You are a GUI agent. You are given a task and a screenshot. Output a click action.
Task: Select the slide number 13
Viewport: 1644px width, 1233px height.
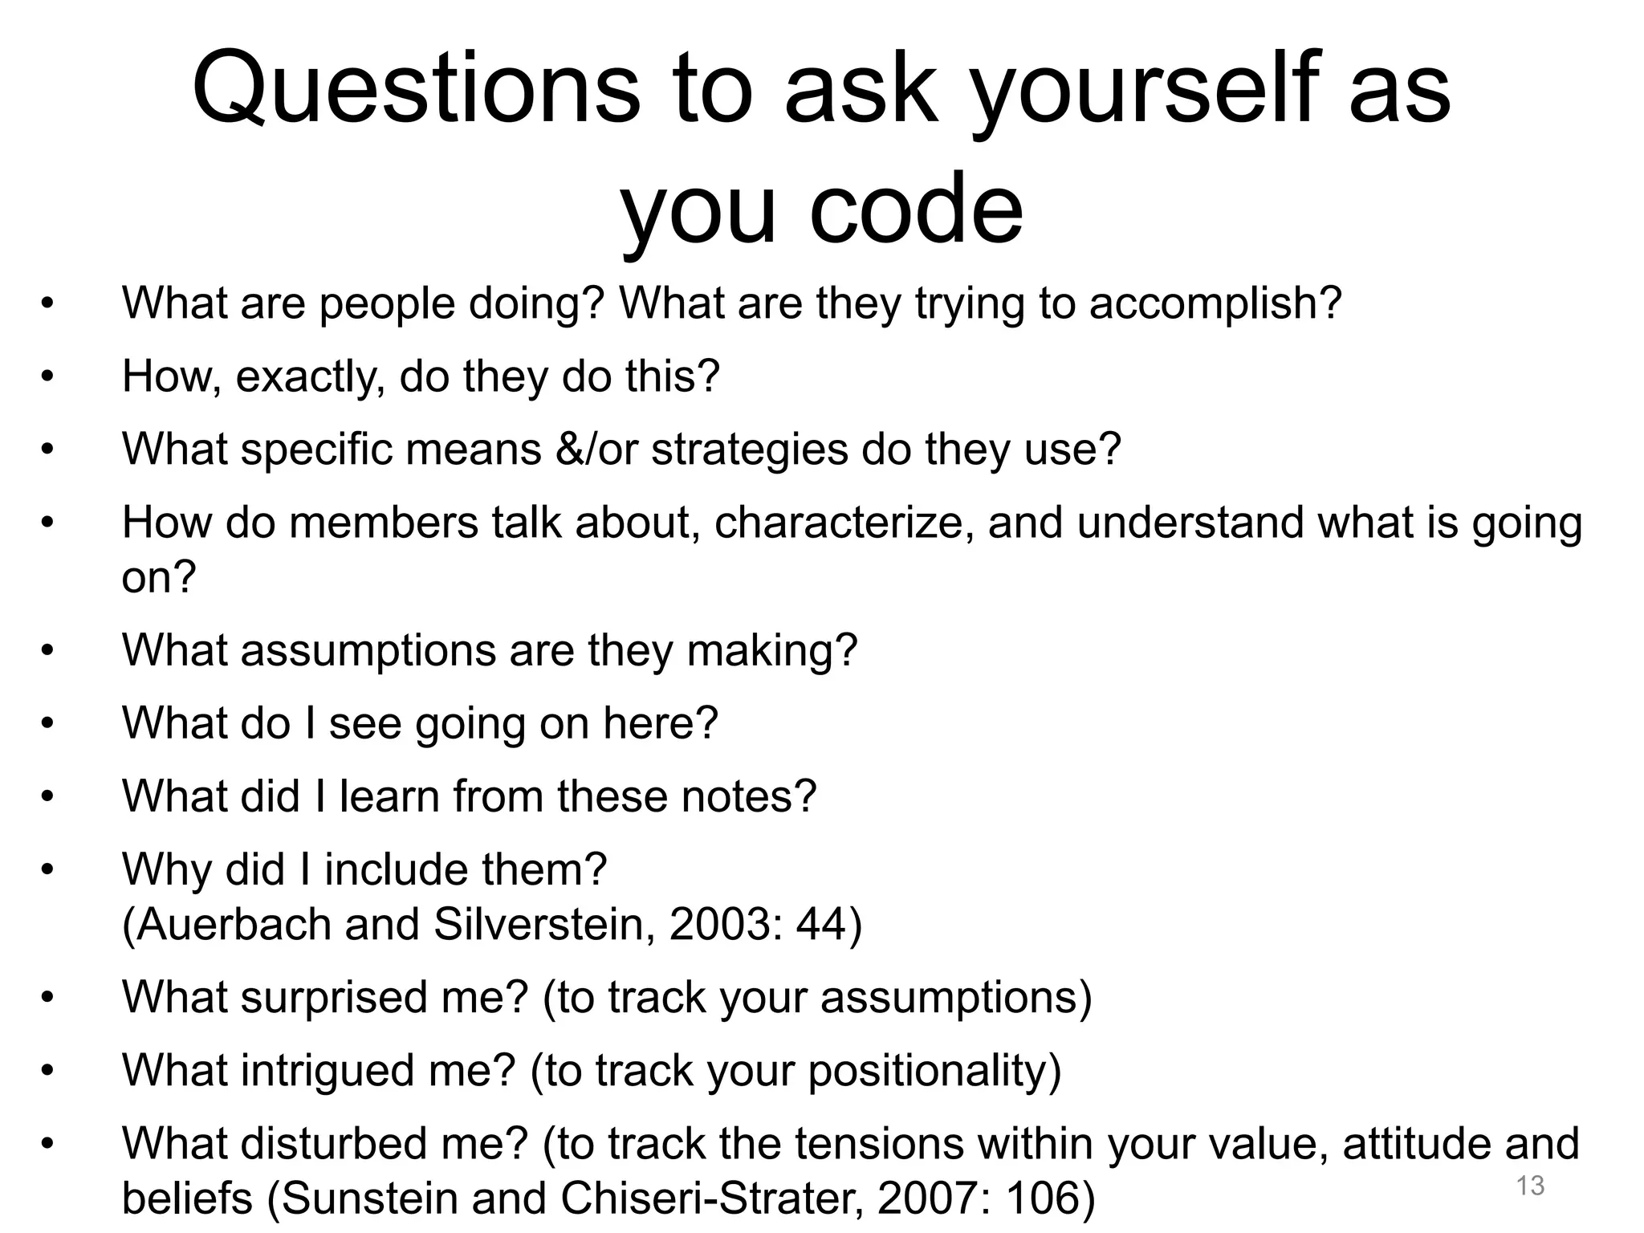point(1530,1185)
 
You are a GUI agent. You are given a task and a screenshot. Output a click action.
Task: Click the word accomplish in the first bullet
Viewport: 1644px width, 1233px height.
point(1214,303)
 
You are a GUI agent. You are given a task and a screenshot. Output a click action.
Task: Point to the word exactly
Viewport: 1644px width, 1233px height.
point(310,376)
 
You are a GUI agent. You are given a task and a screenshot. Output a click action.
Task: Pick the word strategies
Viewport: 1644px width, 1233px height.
point(749,449)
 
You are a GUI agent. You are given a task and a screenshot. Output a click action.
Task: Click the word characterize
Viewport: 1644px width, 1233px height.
point(844,523)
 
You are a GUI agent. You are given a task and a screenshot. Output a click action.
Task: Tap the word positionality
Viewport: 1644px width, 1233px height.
point(934,1070)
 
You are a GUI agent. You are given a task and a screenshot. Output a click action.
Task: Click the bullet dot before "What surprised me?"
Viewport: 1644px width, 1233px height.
point(47,997)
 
